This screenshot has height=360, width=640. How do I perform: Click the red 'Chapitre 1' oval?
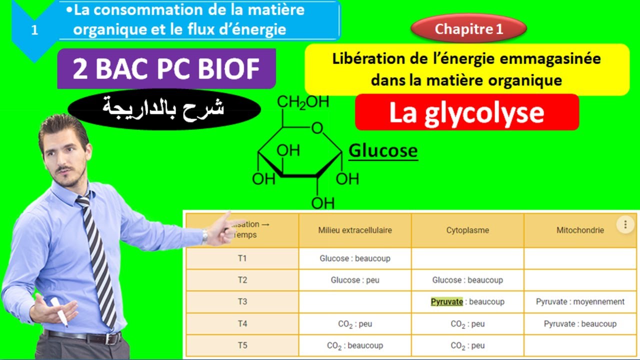(468, 29)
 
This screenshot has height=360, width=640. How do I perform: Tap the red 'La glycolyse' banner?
(466, 112)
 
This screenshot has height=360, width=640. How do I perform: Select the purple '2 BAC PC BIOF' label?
(166, 69)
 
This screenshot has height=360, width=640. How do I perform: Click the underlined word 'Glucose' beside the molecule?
(382, 150)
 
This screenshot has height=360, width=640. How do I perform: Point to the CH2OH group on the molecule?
(303, 102)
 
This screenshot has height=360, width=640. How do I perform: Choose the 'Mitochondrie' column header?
(580, 230)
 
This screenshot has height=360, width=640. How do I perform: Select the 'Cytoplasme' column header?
(467, 230)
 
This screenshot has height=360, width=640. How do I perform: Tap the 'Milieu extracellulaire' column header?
(355, 230)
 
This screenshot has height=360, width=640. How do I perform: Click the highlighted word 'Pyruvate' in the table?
(447, 301)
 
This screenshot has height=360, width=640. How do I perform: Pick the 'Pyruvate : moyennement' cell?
(580, 301)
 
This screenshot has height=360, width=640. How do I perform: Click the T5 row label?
(242, 345)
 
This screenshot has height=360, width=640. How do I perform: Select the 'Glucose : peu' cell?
(355, 280)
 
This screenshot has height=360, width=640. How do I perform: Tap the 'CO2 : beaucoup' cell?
(355, 345)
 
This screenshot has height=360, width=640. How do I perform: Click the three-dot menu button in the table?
(625, 225)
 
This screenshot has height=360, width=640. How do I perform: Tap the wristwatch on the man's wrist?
(205, 236)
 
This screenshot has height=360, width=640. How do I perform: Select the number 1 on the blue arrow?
(34, 30)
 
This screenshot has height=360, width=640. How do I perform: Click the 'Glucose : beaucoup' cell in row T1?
(355, 258)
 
